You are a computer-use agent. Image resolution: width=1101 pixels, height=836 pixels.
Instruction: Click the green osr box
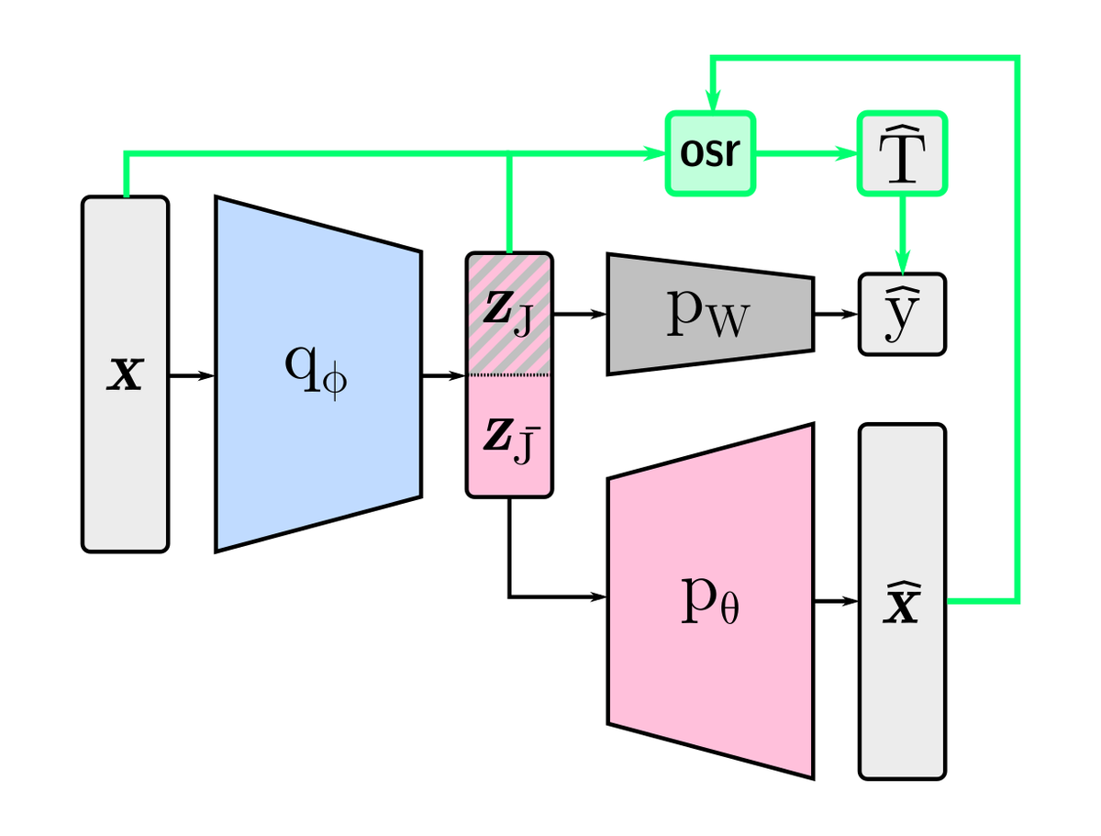coord(709,153)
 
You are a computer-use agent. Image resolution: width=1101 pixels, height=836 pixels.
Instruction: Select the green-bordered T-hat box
coord(902,153)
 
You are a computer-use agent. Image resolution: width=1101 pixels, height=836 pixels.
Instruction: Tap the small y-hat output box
coord(902,314)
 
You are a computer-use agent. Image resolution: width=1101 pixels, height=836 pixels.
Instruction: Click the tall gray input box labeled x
coord(126,374)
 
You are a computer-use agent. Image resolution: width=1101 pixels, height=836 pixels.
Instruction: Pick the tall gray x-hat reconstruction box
coord(902,601)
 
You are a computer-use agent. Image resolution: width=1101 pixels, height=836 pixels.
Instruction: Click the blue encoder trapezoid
coord(318,374)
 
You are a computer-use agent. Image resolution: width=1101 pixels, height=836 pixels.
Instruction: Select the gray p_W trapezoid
coord(709,314)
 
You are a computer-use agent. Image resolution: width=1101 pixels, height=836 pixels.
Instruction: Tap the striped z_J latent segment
coord(509,314)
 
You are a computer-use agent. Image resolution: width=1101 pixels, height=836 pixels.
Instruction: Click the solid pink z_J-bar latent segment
coord(509,436)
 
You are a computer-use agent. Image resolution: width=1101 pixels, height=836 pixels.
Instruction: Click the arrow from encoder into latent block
coord(443,374)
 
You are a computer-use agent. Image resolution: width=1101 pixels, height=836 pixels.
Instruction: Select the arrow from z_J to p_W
coord(579,314)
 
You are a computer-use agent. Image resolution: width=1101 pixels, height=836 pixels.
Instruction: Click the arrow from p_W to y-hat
coord(835,314)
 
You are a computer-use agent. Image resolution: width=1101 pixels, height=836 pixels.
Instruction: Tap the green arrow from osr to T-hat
coord(805,153)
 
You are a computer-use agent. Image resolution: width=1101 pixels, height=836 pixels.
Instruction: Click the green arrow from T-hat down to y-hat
coord(902,234)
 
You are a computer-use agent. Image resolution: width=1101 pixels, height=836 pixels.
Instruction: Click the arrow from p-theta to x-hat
coord(836,601)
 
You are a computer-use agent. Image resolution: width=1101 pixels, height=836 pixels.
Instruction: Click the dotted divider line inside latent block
coord(509,374)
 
